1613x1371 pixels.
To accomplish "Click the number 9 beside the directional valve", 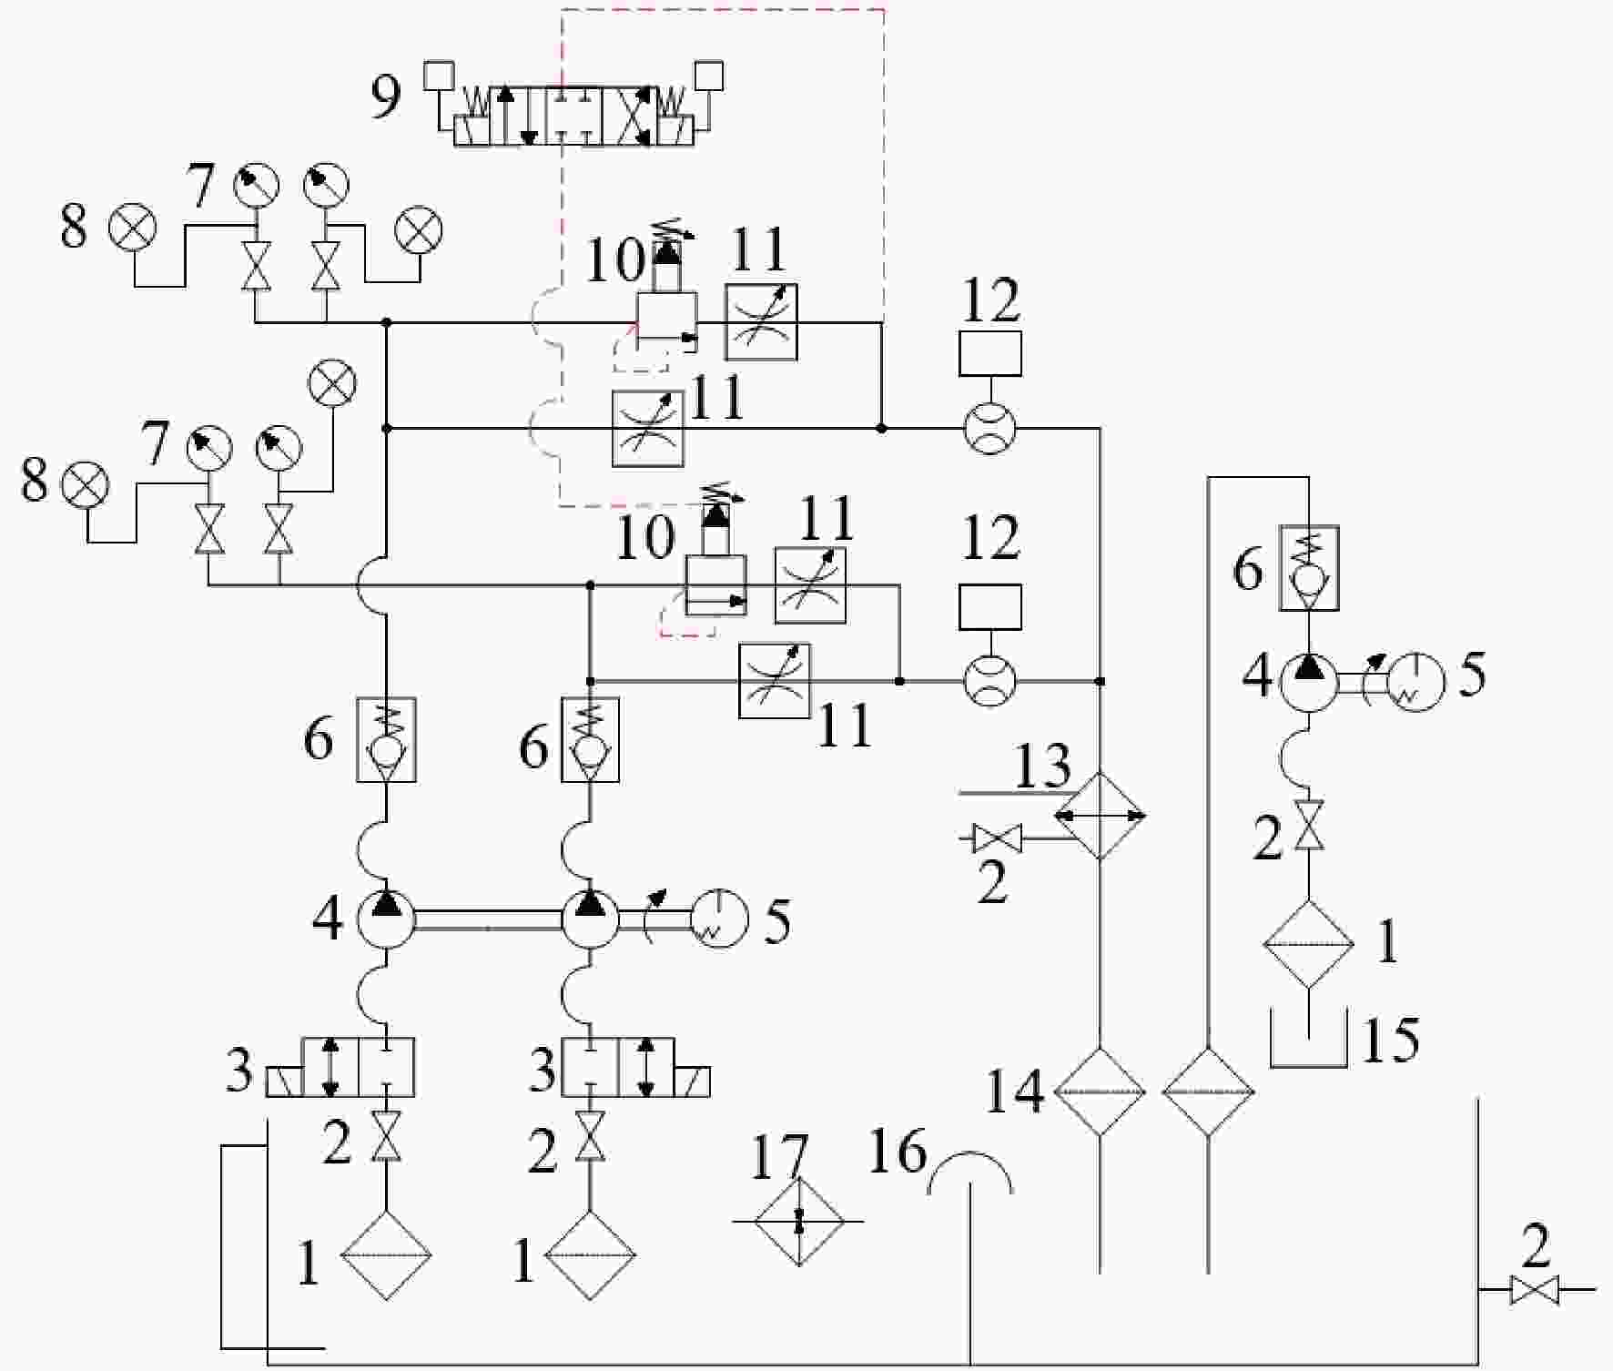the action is (386, 97).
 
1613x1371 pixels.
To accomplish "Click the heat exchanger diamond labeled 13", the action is (1100, 816).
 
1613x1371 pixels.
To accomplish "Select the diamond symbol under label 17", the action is (799, 1221).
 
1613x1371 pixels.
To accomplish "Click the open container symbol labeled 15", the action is (1308, 1063).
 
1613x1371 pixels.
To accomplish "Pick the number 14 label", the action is (1015, 1092).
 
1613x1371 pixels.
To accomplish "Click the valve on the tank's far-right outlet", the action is (1534, 1290).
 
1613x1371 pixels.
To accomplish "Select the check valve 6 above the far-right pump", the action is (1309, 568).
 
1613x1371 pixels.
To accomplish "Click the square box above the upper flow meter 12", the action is (990, 353).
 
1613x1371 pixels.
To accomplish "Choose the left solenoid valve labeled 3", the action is (340, 1067).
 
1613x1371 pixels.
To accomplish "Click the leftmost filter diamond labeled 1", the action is (386, 1254).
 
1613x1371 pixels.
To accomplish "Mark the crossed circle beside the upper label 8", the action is (133, 228).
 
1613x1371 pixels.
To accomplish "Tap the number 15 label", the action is (1390, 1040).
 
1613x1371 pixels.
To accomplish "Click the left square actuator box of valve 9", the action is (440, 75).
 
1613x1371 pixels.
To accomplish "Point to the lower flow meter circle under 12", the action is (989, 681).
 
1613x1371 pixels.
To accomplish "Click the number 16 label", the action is (898, 1150).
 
